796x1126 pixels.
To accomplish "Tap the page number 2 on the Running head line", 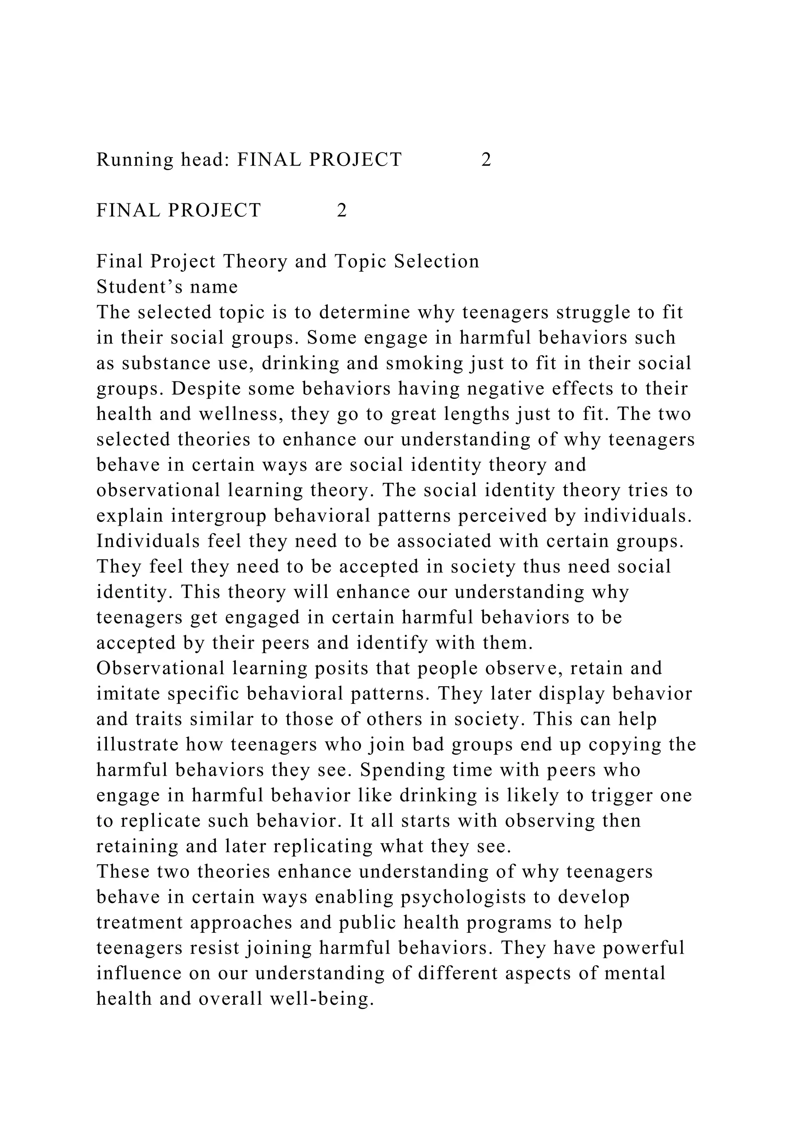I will pyautogui.click(x=486, y=160).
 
